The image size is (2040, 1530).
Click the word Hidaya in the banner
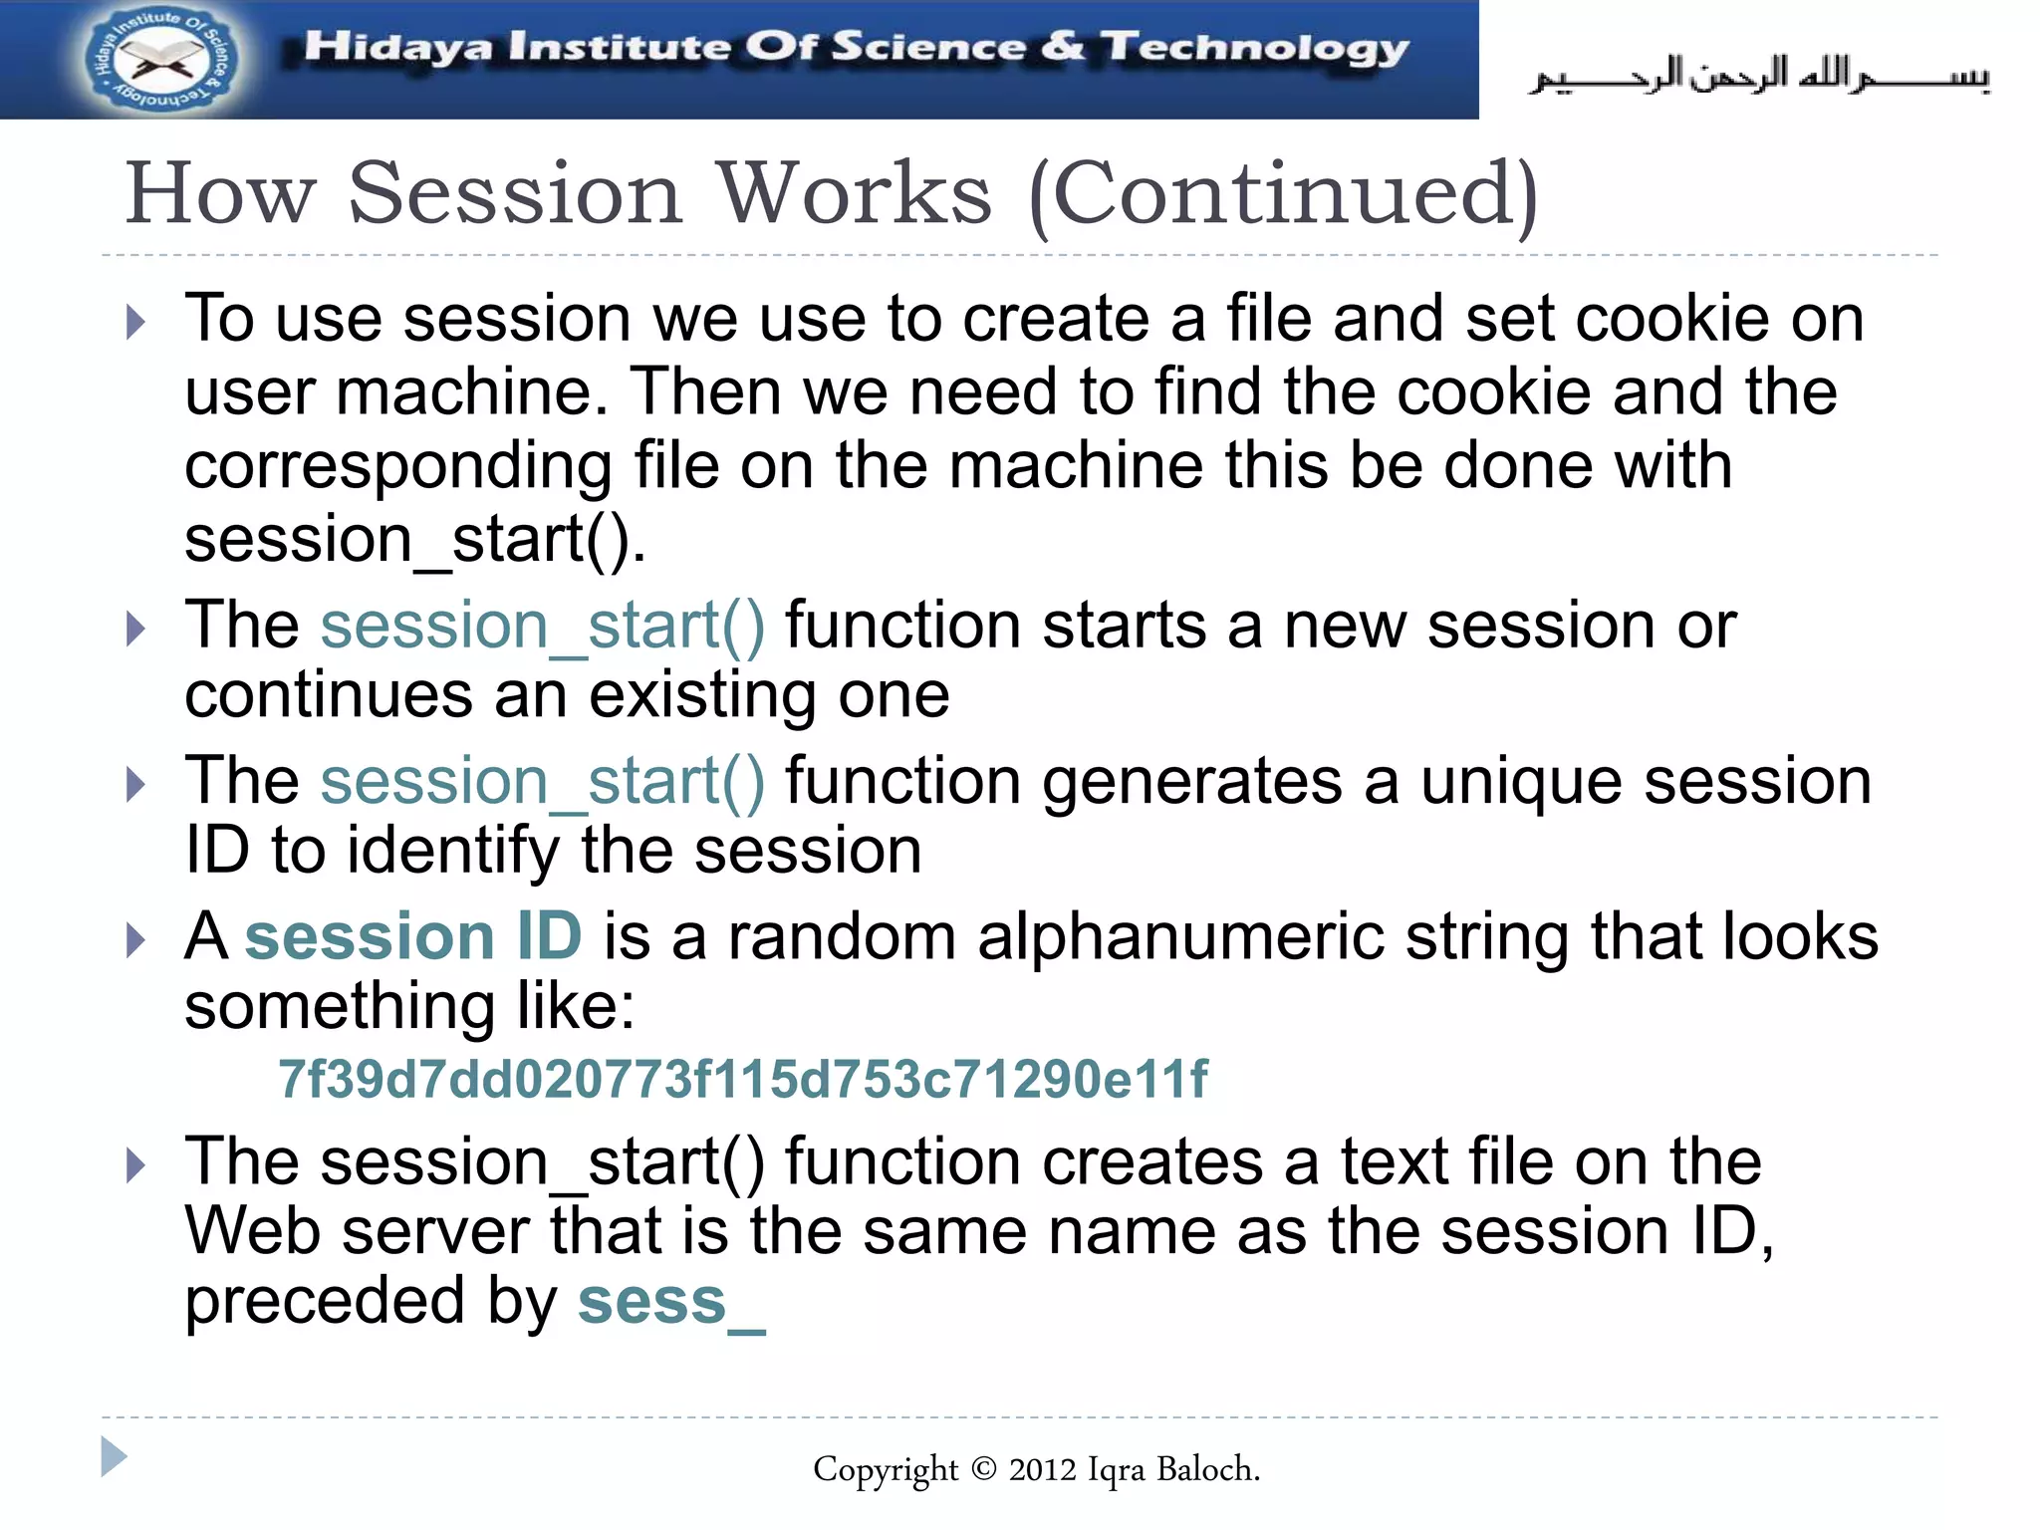(x=397, y=48)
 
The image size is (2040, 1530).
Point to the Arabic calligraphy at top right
(x=1759, y=76)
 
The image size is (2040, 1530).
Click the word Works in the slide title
(x=855, y=194)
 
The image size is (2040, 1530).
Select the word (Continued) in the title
(x=1284, y=194)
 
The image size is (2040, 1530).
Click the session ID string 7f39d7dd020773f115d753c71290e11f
(x=742, y=1080)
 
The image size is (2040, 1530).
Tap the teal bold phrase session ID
(x=412, y=937)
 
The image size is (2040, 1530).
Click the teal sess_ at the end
(x=671, y=1302)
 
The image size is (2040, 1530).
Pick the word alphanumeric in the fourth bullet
(x=1179, y=937)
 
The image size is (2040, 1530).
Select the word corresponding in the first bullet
(x=398, y=466)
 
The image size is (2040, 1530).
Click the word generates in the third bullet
(x=1191, y=781)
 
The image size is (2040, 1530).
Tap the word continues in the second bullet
(x=328, y=695)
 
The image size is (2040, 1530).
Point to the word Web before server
(x=252, y=1232)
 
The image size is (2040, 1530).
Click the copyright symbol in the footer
(x=982, y=1468)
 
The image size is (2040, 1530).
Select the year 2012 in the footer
(x=1042, y=1469)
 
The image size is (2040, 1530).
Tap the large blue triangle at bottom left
(x=114, y=1457)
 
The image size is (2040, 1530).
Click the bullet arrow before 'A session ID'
(x=136, y=940)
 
